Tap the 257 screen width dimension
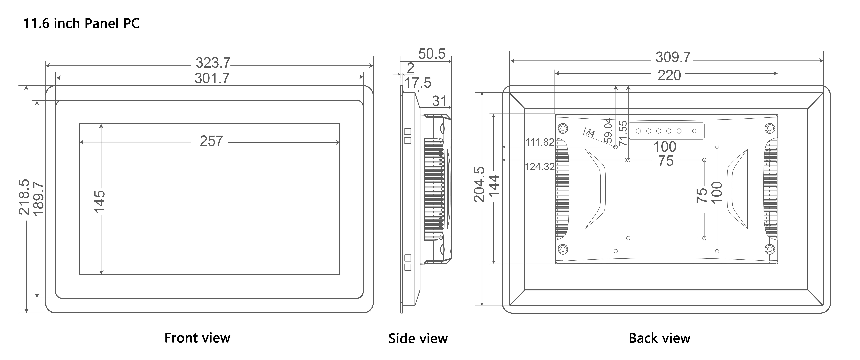pyautogui.click(x=211, y=141)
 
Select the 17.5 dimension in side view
pyautogui.click(x=418, y=82)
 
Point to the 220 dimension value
pyautogui.click(x=669, y=75)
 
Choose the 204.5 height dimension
pyautogui.click(x=479, y=184)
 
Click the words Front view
pyautogui.click(x=197, y=338)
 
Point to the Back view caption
pyautogui.click(x=659, y=338)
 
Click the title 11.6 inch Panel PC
pyautogui.click(x=81, y=23)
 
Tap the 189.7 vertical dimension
pyautogui.click(x=39, y=198)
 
